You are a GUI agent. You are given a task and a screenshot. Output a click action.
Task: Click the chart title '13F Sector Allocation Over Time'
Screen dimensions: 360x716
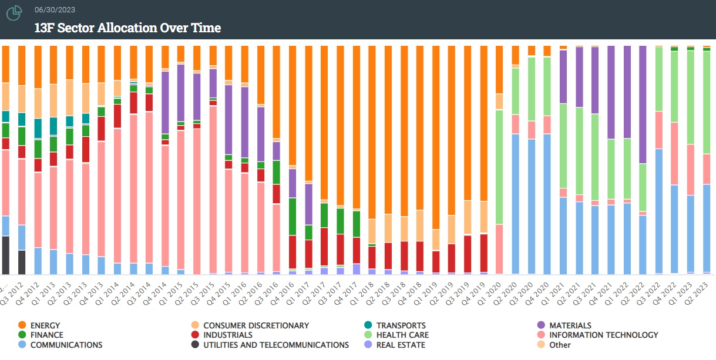[x=127, y=28]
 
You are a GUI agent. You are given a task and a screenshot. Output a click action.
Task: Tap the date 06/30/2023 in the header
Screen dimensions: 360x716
[x=55, y=10]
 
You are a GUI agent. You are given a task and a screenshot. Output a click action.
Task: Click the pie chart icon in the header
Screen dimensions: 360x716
[x=14, y=12]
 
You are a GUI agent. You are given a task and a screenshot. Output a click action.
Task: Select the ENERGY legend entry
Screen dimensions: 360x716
[x=45, y=325]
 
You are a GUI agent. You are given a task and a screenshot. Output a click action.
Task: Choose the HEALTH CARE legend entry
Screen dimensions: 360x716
[x=402, y=335]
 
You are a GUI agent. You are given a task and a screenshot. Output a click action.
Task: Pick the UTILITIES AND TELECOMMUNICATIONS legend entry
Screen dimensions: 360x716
[x=275, y=345]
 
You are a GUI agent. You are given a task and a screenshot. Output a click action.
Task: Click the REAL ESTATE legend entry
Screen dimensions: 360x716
[x=401, y=345]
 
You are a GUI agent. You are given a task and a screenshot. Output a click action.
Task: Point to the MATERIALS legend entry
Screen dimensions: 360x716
[x=570, y=325]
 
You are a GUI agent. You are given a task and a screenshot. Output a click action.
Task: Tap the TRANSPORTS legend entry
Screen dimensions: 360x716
[x=401, y=325]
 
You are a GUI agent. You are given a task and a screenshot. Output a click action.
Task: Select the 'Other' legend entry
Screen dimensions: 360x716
[x=559, y=345]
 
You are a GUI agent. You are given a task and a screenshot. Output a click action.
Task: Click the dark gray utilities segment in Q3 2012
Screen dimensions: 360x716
[x=22, y=262]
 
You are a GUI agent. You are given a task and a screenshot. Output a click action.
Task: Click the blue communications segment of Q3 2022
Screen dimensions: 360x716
[x=658, y=211]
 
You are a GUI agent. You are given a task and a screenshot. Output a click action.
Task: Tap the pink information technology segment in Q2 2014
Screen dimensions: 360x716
[x=133, y=189]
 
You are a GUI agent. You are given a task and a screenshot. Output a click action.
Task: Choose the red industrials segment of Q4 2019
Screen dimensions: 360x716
[x=483, y=253]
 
